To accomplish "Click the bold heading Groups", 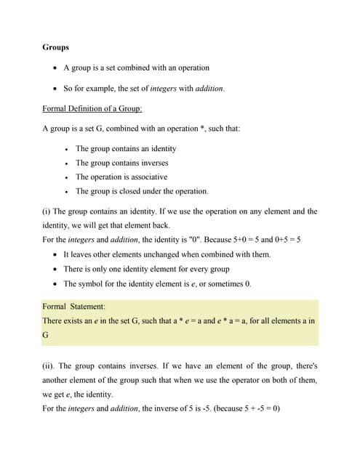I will pos(56,47).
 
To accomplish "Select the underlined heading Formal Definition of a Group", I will pos(92,108).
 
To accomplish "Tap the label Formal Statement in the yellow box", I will pos(73,307).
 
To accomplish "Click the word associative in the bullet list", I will pos(150,177).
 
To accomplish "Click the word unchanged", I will pos(152,254).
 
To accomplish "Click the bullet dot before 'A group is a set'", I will pos(57,68).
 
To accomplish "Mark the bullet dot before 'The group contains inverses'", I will pos(66,163).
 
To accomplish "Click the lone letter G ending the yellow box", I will pos(46,334).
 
